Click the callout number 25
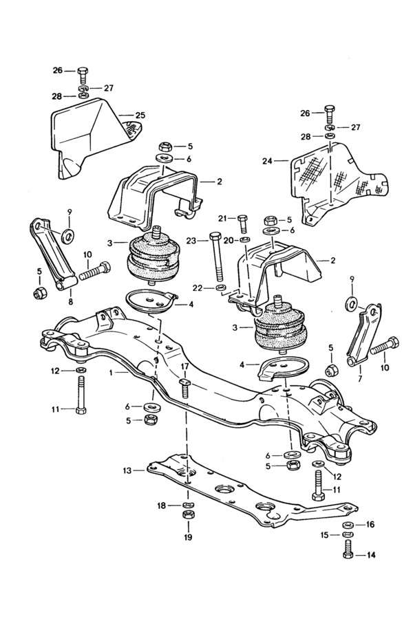point(140,116)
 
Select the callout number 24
point(267,161)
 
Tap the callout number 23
point(191,241)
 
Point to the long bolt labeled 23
point(216,257)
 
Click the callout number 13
point(127,470)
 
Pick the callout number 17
point(185,367)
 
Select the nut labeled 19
point(188,514)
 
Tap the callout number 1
point(111,372)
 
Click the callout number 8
point(70,303)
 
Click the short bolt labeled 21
point(243,224)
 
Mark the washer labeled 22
point(222,287)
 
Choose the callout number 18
point(162,506)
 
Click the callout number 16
point(370,524)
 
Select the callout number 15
point(324,535)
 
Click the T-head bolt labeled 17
point(184,388)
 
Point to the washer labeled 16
point(348,525)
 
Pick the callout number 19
point(188,537)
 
